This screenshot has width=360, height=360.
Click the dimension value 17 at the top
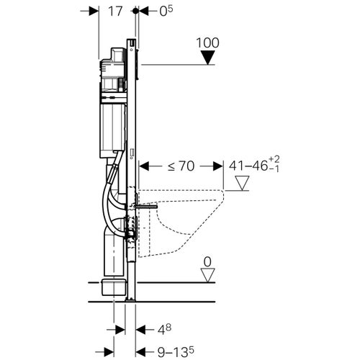click(114, 12)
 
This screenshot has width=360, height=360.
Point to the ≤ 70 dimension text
click(181, 167)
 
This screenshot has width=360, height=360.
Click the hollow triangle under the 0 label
click(207, 274)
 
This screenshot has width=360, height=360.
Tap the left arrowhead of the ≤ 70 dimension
click(142, 166)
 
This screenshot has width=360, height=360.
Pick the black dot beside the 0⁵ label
click(135, 12)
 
